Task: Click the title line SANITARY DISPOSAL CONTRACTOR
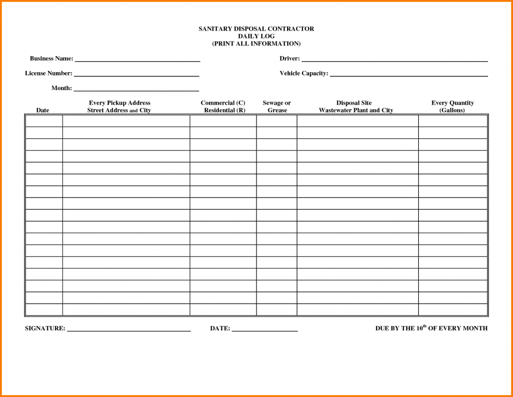[256, 29]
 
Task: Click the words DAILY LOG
[256, 37]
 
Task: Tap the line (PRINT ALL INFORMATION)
[256, 44]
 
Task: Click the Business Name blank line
[137, 60]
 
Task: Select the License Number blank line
[136, 75]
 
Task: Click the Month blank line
[136, 90]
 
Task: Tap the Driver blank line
[394, 60]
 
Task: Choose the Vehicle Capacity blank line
[409, 75]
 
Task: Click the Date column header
[43, 111]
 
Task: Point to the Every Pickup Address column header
[119, 107]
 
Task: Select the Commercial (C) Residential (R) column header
[223, 107]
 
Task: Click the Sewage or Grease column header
[277, 107]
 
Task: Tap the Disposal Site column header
[356, 107]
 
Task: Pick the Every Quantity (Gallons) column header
[452, 107]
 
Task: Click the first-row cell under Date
[44, 121]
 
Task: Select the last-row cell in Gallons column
[453, 310]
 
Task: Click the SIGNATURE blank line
[129, 330]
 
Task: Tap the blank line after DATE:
[265, 330]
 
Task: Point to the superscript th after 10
[424, 326]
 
